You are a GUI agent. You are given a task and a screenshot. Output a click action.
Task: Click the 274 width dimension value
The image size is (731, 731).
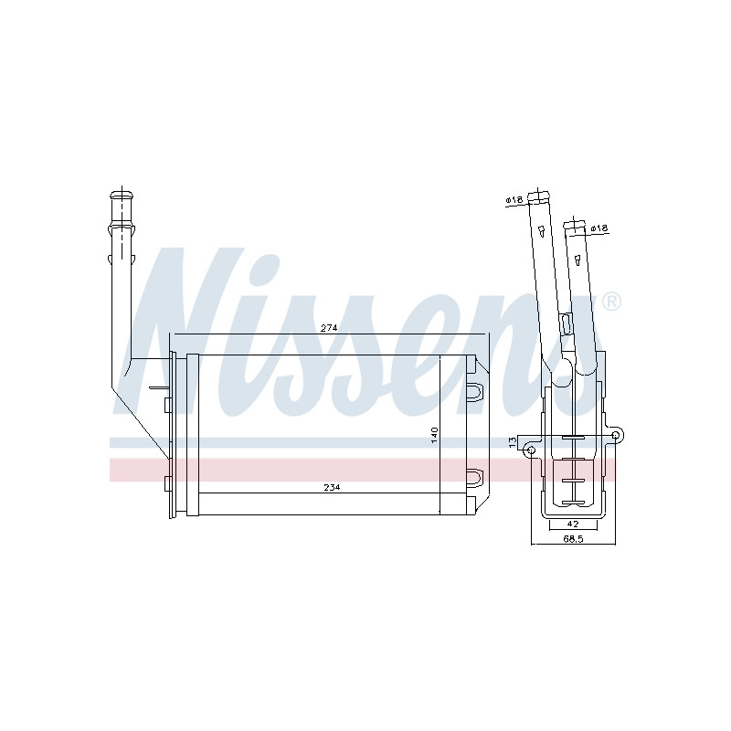tap(329, 328)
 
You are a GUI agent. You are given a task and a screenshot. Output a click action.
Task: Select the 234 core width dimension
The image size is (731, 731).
tap(332, 487)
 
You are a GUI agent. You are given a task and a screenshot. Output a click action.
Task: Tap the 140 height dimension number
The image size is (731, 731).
tap(435, 435)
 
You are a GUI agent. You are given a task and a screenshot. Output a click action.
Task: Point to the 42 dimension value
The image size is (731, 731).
tap(573, 524)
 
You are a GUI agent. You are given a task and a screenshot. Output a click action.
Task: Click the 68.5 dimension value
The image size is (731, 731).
tap(573, 539)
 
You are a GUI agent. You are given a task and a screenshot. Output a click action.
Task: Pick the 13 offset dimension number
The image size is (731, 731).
tap(513, 441)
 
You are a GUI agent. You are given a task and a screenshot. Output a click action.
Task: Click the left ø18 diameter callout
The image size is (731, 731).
tap(514, 199)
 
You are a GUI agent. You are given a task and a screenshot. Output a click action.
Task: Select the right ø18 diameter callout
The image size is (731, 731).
tap(599, 228)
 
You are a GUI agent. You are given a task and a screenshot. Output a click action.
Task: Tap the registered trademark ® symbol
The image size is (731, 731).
tap(611, 302)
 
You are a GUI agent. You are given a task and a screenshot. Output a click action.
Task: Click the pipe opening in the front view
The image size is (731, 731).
tap(122, 195)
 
